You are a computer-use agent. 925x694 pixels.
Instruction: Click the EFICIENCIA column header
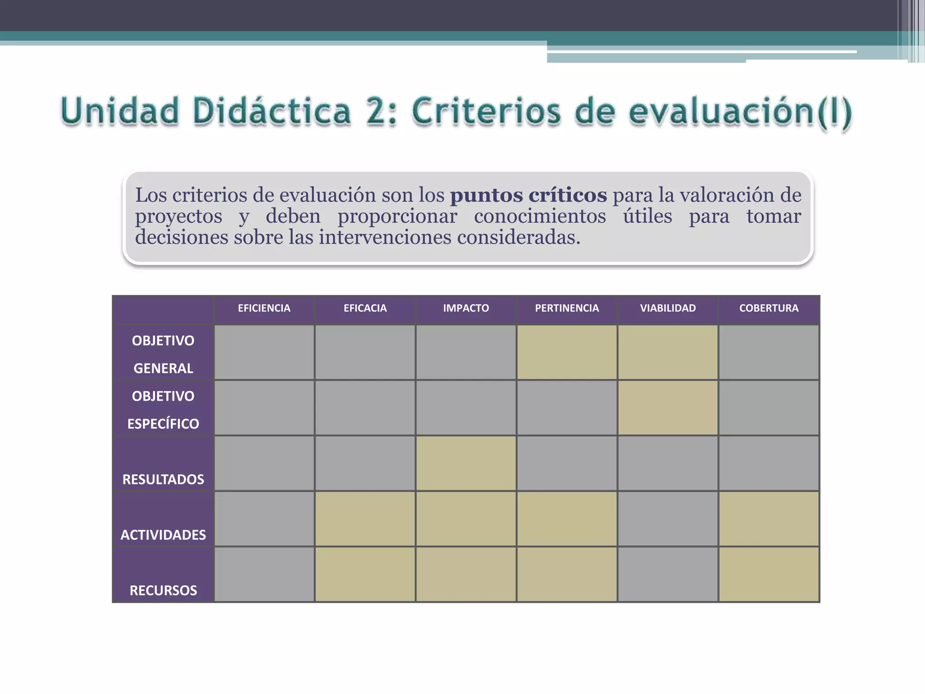pos(264,308)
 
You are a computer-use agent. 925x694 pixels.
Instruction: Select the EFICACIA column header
pos(365,308)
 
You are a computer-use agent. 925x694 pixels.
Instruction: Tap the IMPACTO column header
pos(466,308)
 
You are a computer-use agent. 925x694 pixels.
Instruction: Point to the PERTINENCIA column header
pos(567,308)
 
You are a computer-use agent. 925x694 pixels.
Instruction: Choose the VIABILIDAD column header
pos(668,308)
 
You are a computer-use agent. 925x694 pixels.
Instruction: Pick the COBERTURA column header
pos(769,308)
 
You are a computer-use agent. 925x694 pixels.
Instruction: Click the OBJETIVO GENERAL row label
pos(163,354)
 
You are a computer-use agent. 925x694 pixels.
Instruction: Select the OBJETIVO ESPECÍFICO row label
pos(163,409)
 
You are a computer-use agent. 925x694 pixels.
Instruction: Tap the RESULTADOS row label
pos(163,479)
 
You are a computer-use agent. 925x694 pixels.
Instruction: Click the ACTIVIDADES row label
pos(163,535)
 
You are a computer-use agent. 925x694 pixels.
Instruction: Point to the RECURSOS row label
pos(163,590)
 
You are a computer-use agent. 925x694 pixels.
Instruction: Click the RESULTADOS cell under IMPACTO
pos(466,463)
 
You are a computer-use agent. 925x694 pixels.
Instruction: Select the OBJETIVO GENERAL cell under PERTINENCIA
pos(567,352)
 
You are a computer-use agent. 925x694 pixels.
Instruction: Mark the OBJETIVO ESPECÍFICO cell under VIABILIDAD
pos(668,408)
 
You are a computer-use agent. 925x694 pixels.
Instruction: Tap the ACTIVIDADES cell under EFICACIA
pos(365,519)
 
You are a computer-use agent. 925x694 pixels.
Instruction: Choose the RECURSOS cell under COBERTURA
pos(769,574)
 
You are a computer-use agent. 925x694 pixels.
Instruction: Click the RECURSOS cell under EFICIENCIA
pos(264,574)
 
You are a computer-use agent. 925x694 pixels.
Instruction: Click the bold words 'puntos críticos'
pos(528,195)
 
